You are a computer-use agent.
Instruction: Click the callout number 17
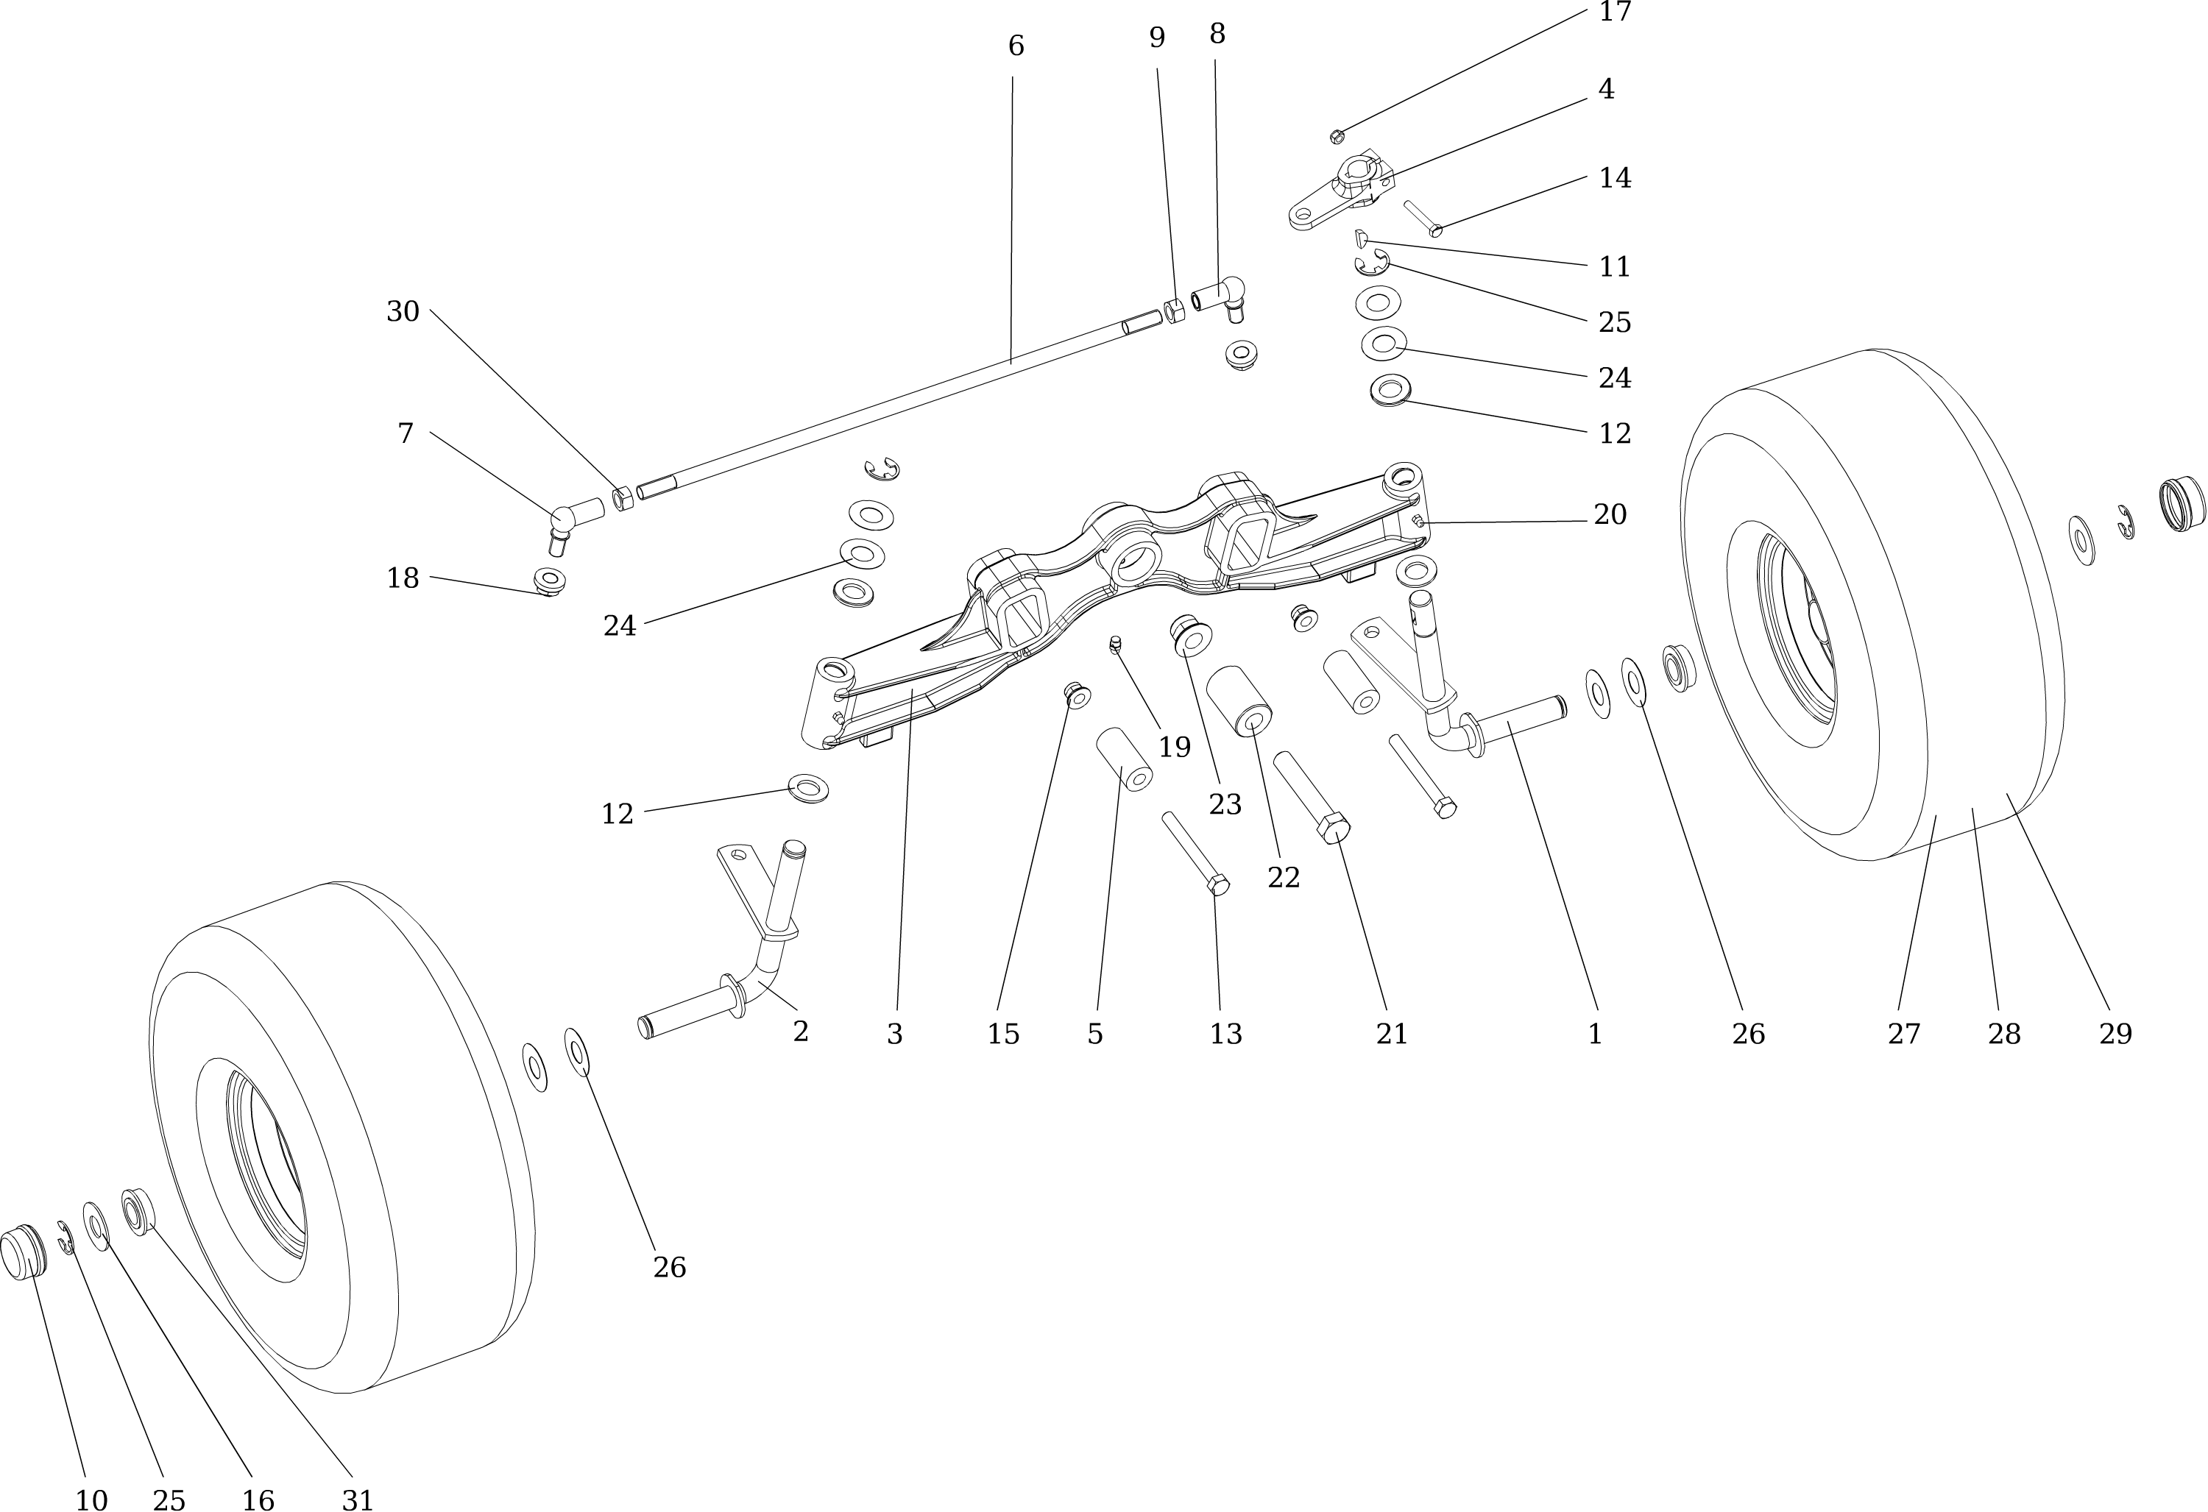[x=1615, y=13]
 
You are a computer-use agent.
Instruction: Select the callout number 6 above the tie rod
[x=1016, y=46]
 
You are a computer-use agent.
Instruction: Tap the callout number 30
[x=403, y=311]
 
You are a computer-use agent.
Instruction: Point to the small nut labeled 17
[x=1337, y=136]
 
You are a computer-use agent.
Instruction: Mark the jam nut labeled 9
[x=1175, y=311]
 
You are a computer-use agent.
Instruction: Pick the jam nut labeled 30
[x=623, y=497]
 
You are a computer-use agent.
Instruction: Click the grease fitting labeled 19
[x=1117, y=645]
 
